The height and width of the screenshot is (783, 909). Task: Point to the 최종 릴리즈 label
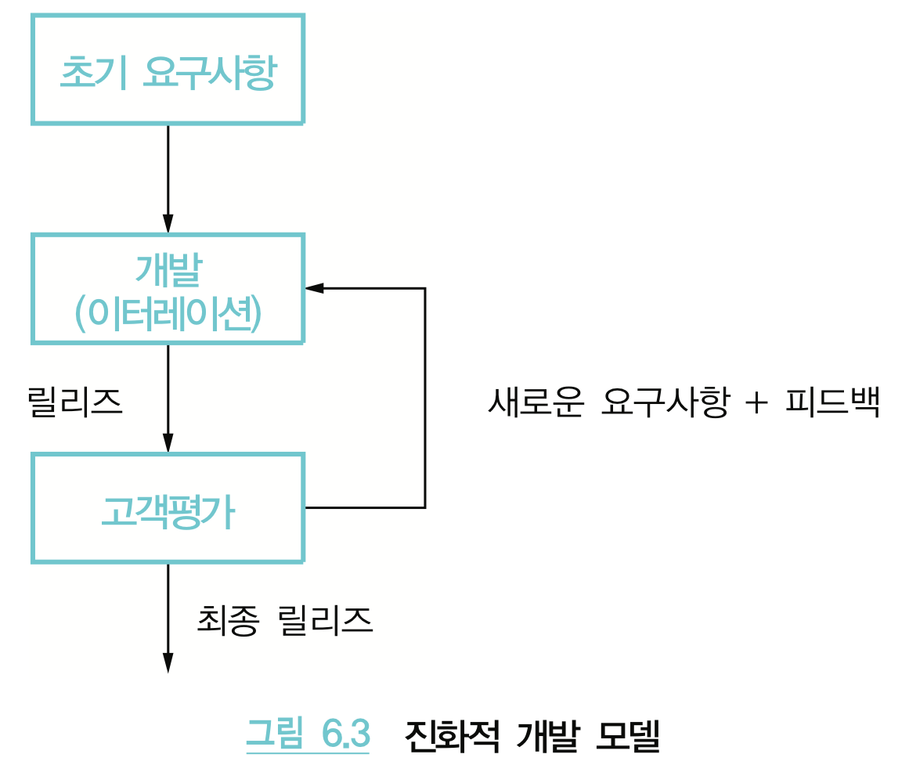pos(285,621)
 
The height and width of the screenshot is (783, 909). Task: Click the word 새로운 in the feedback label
pos(534,403)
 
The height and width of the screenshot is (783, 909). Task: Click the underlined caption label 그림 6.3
pos(307,734)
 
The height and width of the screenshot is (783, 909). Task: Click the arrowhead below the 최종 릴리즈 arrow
pos(168,662)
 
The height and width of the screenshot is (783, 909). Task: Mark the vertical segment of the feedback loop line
pos(424,398)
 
